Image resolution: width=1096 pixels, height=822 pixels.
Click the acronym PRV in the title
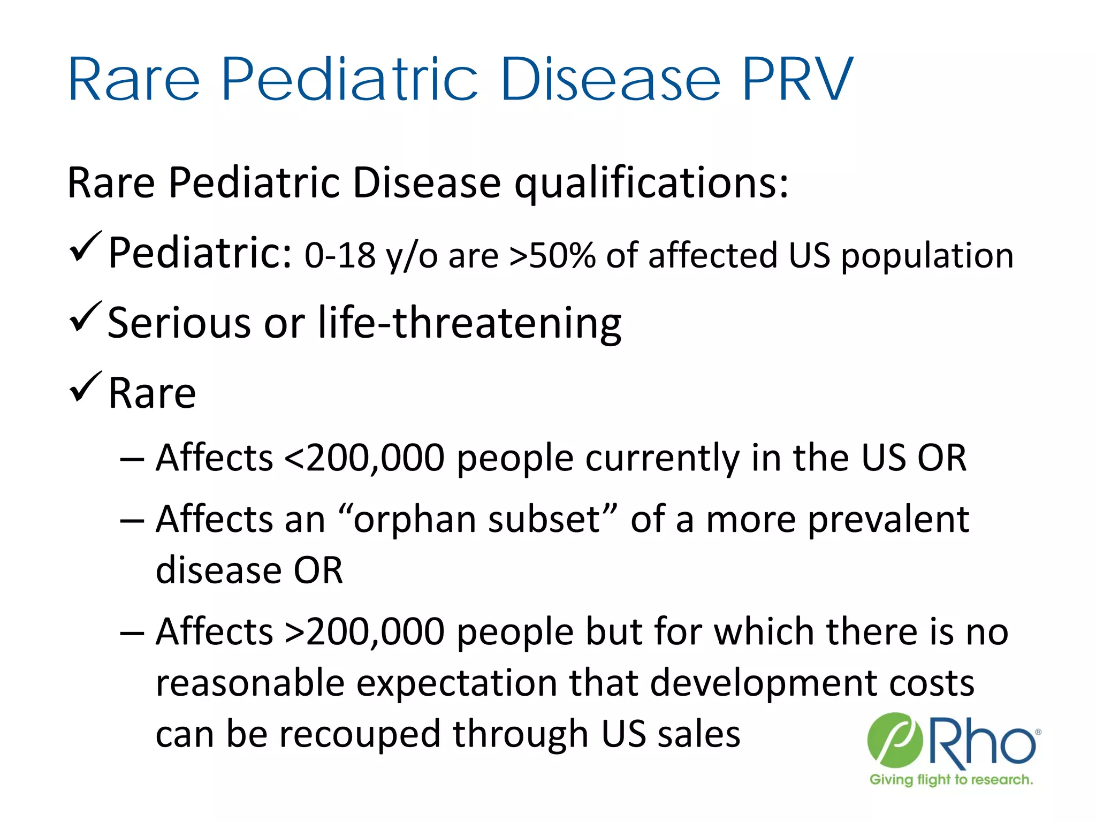pyautogui.click(x=797, y=80)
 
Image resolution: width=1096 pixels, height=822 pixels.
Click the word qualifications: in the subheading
pyautogui.click(x=651, y=184)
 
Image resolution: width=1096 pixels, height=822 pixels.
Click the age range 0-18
pyautogui.click(x=340, y=255)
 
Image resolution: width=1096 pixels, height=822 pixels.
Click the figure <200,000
pyautogui.click(x=364, y=458)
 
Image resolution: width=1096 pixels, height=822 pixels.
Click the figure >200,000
pyautogui.click(x=364, y=632)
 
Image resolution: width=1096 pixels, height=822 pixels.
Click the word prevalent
pyautogui.click(x=888, y=520)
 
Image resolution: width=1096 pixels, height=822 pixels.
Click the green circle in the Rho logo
pyautogui.click(x=894, y=740)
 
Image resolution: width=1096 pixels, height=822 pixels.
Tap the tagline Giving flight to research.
pyautogui.click(x=951, y=780)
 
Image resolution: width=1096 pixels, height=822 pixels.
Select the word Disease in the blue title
pyautogui.click(x=610, y=80)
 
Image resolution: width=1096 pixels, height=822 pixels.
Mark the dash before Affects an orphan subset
pyautogui.click(x=132, y=521)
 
